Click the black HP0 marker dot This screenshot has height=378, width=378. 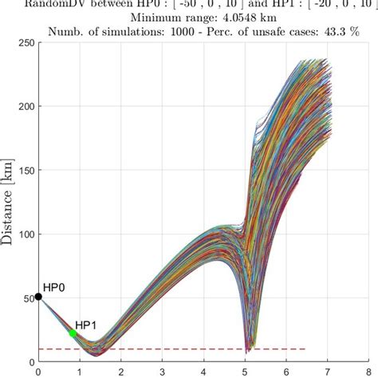pyautogui.click(x=38, y=297)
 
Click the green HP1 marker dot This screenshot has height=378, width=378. pyautogui.click(x=73, y=333)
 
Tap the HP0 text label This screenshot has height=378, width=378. pyautogui.click(x=53, y=285)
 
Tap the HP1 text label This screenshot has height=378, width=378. pyautogui.click(x=85, y=326)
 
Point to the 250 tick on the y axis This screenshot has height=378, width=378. pyautogui.click(x=23, y=42)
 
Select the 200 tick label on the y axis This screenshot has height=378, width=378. pyautogui.click(x=23, y=106)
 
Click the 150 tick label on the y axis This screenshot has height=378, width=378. pyautogui.click(x=23, y=170)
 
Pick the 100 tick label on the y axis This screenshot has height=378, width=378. pyautogui.click(x=23, y=234)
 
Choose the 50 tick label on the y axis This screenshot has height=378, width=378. pyautogui.click(x=26, y=298)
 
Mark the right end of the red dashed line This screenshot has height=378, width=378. pyautogui.click(x=306, y=349)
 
